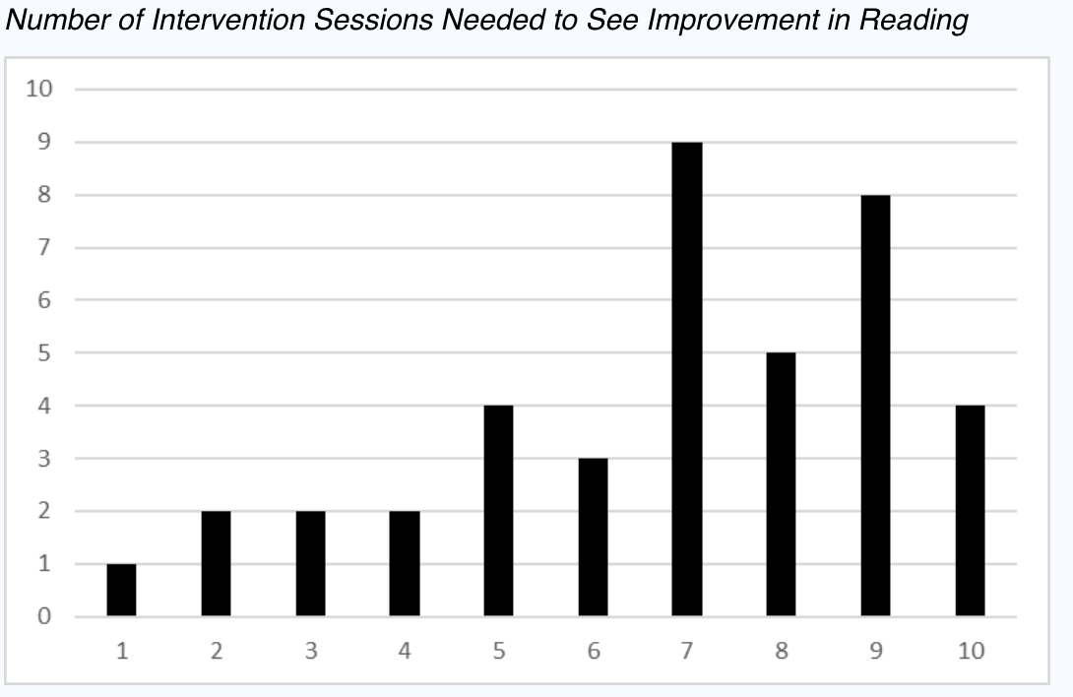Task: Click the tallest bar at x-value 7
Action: point(687,379)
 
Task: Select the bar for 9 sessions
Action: point(875,406)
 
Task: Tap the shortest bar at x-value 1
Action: point(122,590)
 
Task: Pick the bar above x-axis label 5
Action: point(498,511)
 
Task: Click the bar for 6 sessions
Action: point(593,538)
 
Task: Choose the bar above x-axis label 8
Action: point(781,484)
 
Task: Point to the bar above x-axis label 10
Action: point(970,511)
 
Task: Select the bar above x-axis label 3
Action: point(310,563)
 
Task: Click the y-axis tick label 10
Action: point(39,90)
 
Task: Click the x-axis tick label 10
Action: point(971,652)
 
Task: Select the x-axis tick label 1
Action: point(122,652)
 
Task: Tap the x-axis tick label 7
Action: point(687,652)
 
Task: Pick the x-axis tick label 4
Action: point(405,652)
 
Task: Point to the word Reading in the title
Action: point(915,21)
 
